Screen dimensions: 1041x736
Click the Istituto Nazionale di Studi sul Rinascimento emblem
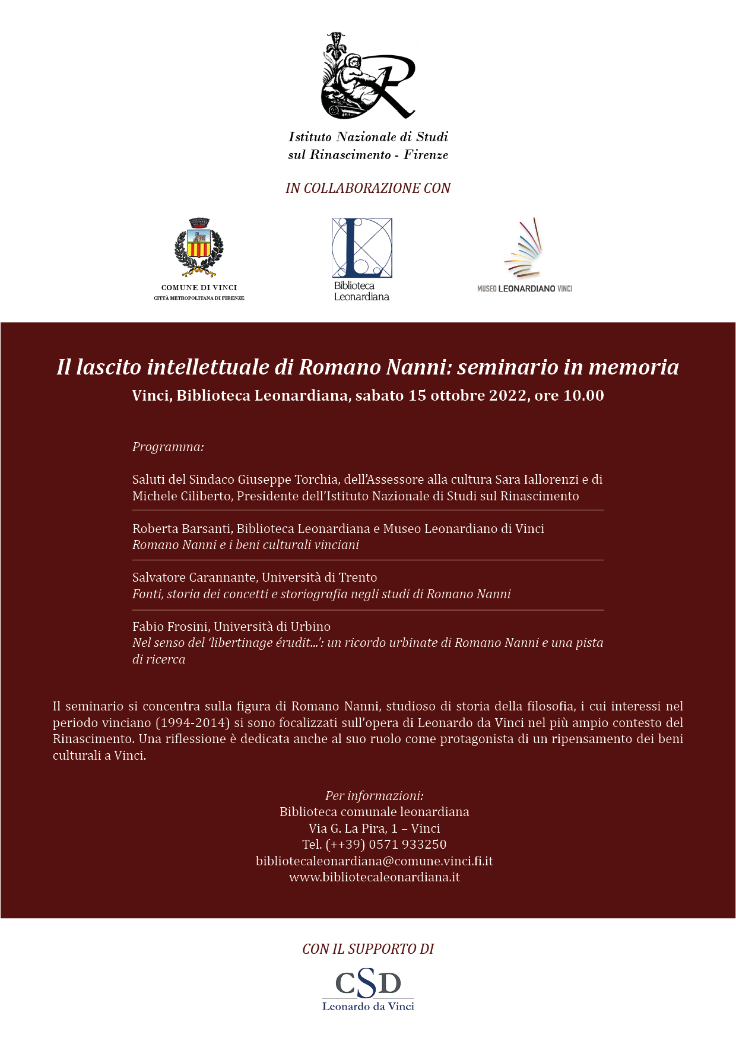click(x=367, y=76)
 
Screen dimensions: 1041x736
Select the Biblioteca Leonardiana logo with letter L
click(x=362, y=248)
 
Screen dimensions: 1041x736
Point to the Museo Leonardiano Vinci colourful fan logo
click(x=524, y=248)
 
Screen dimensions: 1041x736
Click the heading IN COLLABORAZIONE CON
click(x=368, y=188)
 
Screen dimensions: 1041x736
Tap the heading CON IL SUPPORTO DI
click(x=368, y=949)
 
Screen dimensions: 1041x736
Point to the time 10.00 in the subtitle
click(x=583, y=396)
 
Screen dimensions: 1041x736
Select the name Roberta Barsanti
click(x=181, y=529)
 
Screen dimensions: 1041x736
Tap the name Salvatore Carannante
click(x=195, y=577)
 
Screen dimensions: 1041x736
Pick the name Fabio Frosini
click(x=170, y=627)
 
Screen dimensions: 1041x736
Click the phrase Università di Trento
click(x=319, y=577)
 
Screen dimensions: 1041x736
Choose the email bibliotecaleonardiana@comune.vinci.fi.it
click(x=374, y=861)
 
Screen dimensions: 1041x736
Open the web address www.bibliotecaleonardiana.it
click(x=374, y=877)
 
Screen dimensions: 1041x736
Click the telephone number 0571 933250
click(x=408, y=845)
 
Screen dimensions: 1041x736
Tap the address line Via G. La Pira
click(x=348, y=829)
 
